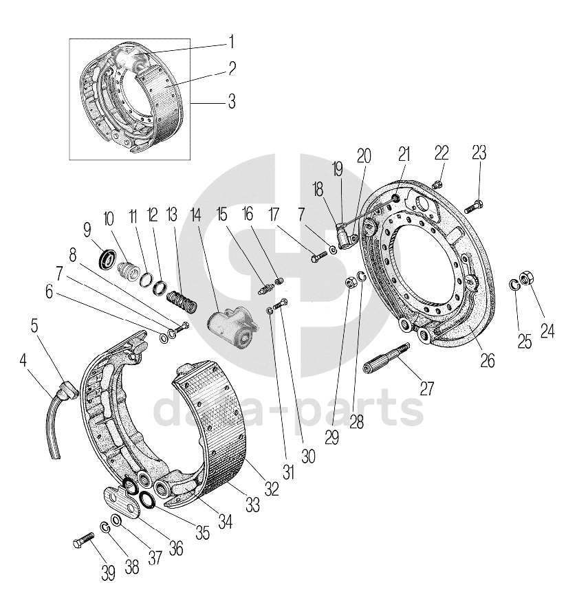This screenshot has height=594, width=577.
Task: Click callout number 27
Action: pyautogui.click(x=427, y=388)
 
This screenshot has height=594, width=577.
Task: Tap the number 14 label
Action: pyautogui.click(x=197, y=215)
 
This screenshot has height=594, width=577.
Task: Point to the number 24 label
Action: pyautogui.click(x=547, y=331)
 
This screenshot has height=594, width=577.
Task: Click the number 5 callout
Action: pyautogui.click(x=35, y=324)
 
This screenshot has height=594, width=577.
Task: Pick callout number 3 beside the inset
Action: pyautogui.click(x=231, y=102)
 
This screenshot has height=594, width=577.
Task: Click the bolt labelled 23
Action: pyautogui.click(x=475, y=205)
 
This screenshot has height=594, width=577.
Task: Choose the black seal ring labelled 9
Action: pyautogui.click(x=107, y=260)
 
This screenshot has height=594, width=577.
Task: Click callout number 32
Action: pyautogui.click(x=272, y=489)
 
